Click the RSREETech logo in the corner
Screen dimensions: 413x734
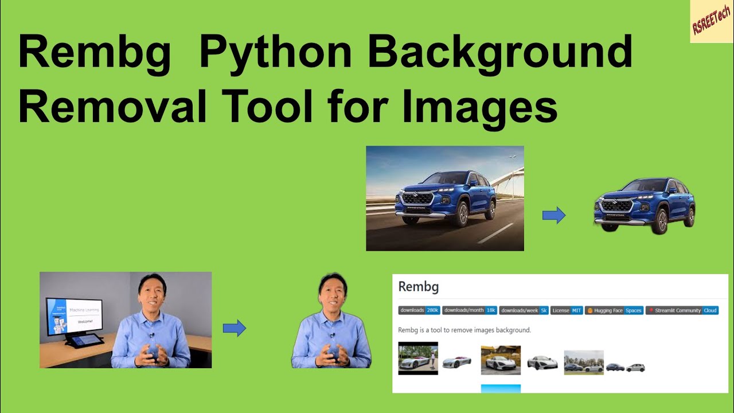(712, 22)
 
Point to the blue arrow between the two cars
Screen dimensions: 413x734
(554, 216)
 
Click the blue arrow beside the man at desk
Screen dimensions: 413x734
(234, 329)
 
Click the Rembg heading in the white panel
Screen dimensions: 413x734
(418, 287)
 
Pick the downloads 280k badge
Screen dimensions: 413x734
(419, 310)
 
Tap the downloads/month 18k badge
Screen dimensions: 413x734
(470, 310)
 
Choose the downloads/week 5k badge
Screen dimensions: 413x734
(524, 310)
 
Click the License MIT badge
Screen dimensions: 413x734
(567, 310)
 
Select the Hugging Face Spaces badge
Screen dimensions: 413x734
(614, 310)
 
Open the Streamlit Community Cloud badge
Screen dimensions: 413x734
(682, 310)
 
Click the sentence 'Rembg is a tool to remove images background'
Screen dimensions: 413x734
(464, 330)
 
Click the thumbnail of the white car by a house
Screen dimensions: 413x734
(501, 360)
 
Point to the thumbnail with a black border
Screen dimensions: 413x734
(418, 359)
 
